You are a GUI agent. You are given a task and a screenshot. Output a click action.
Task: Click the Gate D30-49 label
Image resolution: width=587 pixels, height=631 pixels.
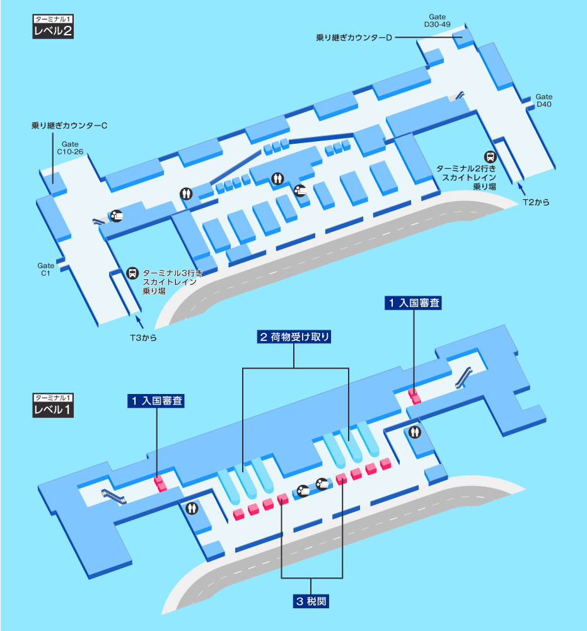click(x=437, y=21)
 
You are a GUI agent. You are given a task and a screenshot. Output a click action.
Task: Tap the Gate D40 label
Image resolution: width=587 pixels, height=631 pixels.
click(x=544, y=101)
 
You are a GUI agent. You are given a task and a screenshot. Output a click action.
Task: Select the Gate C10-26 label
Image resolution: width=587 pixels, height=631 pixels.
click(x=70, y=148)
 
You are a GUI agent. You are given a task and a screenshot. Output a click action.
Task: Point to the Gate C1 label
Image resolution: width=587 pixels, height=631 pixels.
click(x=45, y=269)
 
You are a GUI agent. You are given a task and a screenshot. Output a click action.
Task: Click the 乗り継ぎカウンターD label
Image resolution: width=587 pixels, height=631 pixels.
click(x=354, y=37)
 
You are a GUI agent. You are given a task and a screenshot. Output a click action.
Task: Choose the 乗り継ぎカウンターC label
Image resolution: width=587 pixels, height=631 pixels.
click(x=69, y=125)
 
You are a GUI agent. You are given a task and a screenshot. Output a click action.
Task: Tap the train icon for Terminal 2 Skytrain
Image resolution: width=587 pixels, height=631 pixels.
click(x=490, y=156)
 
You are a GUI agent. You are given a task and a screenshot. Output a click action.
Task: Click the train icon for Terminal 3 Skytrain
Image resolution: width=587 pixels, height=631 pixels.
click(x=132, y=273)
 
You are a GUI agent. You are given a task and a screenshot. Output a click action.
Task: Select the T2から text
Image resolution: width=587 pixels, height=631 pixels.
click(x=536, y=202)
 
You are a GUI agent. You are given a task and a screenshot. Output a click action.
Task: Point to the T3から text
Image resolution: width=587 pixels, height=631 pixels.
click(x=143, y=338)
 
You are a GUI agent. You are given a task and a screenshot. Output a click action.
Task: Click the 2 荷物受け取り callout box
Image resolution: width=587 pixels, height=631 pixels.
click(x=294, y=337)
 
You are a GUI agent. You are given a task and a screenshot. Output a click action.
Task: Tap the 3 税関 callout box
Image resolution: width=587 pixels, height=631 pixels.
click(x=311, y=601)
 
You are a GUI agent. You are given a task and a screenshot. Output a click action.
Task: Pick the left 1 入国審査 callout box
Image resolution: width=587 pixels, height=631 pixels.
click(x=156, y=401)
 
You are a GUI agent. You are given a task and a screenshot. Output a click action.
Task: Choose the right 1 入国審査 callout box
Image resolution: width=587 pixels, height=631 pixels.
click(x=413, y=303)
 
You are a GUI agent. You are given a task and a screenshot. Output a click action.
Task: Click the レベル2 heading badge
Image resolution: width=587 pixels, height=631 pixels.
click(x=53, y=27)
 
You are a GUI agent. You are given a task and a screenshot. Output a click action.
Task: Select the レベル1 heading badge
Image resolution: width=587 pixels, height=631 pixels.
click(x=53, y=406)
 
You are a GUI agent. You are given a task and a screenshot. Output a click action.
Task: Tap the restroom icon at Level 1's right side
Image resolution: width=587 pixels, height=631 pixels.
click(x=415, y=432)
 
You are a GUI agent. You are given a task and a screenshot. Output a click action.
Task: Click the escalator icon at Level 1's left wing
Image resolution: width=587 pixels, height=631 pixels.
click(x=113, y=495)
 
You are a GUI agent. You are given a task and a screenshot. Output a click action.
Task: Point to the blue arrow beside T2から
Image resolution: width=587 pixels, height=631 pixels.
click(x=521, y=188)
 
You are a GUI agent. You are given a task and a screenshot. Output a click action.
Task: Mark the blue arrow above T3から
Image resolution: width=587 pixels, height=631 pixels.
click(x=139, y=322)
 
